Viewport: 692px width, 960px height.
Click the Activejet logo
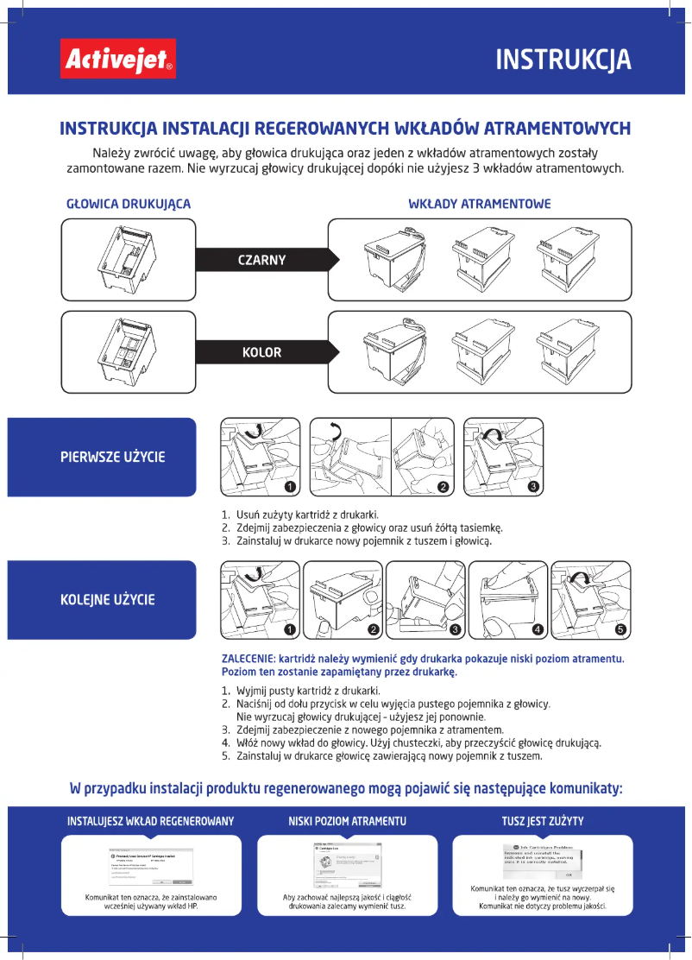116,60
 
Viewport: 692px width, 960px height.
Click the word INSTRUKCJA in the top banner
563,60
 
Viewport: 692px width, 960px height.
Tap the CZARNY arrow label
261,260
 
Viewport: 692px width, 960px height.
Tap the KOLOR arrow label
261,352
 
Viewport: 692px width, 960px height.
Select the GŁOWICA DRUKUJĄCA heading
129,205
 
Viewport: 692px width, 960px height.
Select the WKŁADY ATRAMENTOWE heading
479,205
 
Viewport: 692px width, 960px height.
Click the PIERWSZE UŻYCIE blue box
102,457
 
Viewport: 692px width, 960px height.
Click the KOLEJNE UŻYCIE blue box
102,599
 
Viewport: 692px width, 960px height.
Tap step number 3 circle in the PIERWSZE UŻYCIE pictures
534,488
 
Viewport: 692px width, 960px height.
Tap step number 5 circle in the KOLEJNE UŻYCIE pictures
620,629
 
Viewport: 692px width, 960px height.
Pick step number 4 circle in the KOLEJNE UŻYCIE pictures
538,629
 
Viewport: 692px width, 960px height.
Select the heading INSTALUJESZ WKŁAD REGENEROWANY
150,820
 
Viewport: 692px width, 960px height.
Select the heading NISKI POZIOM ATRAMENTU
347,820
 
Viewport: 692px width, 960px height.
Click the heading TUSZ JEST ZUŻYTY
543,820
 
